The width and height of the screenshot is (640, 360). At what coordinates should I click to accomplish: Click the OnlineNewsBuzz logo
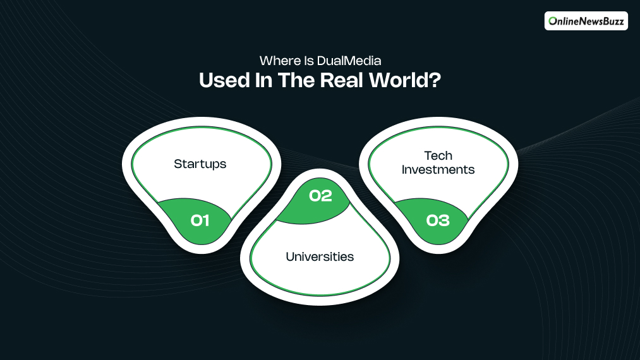click(x=586, y=21)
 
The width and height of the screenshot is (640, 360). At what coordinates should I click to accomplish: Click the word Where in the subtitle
click(x=277, y=61)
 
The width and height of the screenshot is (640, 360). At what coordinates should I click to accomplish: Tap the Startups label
click(x=200, y=164)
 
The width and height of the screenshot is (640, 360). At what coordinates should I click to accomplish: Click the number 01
click(x=200, y=220)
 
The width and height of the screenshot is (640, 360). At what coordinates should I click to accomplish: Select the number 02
click(x=320, y=196)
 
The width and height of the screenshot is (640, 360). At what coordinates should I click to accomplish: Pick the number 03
click(x=438, y=220)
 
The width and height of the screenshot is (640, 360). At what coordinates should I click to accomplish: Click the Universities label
click(x=320, y=256)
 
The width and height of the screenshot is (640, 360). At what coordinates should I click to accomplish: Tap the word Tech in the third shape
click(x=438, y=155)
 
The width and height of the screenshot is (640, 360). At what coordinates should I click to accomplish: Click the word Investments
click(x=438, y=169)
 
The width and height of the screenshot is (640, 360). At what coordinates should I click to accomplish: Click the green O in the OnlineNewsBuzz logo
click(x=553, y=21)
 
